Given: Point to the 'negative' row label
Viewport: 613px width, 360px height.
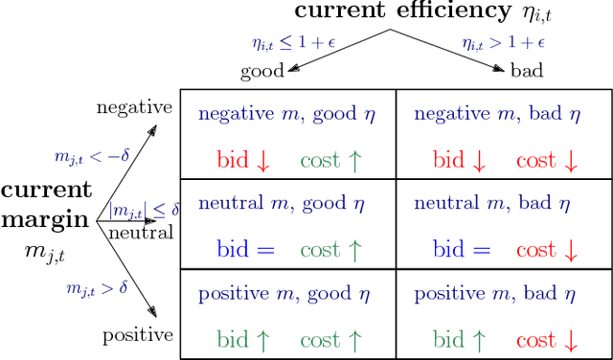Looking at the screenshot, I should pos(134,107).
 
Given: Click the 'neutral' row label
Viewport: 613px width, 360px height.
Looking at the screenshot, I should pos(140,233).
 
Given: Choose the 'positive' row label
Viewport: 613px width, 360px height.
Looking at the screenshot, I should pos(137,335).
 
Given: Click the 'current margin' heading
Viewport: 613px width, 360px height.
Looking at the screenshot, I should pos(46,204).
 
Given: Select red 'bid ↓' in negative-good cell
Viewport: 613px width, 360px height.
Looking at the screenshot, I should pos(244,161).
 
